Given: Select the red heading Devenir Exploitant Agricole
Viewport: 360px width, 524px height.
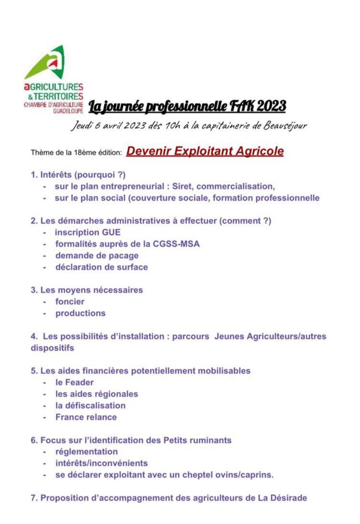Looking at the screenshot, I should point(205,151).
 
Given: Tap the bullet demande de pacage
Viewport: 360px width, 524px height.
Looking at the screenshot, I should point(97,255).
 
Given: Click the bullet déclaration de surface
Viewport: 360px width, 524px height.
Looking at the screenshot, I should point(102,267).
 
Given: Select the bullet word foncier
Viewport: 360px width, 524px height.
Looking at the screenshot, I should point(70,301).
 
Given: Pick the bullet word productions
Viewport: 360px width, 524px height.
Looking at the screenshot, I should point(80,313).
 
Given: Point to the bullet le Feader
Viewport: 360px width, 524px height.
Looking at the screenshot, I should point(75,382).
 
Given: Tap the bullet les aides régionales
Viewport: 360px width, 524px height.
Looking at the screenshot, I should point(97,394).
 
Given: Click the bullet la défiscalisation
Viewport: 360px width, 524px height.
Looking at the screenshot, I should point(91,405).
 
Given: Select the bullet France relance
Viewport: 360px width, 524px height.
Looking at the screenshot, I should point(86,417).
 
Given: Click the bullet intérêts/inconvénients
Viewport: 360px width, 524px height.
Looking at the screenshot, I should point(102,463).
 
